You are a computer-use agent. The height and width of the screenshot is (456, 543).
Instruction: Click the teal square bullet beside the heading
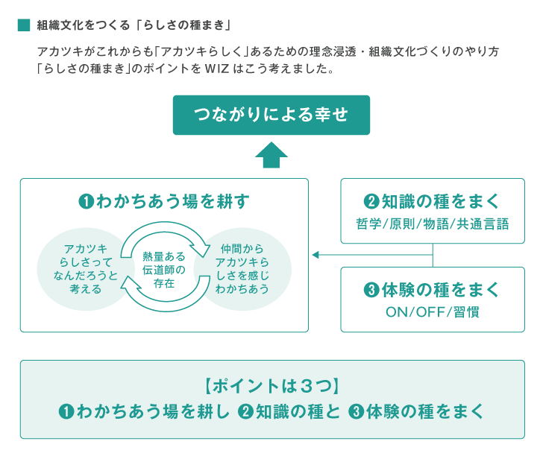(x=24, y=25)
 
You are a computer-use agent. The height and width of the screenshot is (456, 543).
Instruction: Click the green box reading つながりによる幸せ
(x=271, y=115)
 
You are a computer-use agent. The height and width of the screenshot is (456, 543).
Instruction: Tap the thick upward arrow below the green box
(x=271, y=155)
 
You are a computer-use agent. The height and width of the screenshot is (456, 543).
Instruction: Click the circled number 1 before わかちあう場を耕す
(x=87, y=201)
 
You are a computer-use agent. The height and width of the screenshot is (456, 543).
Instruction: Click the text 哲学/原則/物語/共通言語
(x=433, y=224)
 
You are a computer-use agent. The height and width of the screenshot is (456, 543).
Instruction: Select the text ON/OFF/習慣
(x=433, y=312)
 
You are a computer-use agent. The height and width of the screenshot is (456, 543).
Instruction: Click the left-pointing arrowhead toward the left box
(x=315, y=255)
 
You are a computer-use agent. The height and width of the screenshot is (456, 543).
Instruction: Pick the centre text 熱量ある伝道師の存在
(x=164, y=270)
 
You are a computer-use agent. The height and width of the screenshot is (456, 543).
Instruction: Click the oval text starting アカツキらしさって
(x=86, y=269)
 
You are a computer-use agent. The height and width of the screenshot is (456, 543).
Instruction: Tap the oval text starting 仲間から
(x=242, y=269)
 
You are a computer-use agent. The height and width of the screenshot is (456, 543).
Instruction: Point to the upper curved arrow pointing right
(x=165, y=228)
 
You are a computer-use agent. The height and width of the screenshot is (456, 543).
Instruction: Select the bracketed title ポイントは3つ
(x=271, y=386)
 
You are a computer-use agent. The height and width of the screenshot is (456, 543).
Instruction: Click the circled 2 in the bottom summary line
(x=245, y=412)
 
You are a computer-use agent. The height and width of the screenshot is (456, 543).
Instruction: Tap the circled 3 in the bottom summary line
(x=356, y=412)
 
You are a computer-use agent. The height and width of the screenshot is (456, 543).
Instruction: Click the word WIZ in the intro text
(x=217, y=69)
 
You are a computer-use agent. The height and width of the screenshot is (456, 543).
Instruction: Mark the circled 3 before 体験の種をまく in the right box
(x=371, y=290)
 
